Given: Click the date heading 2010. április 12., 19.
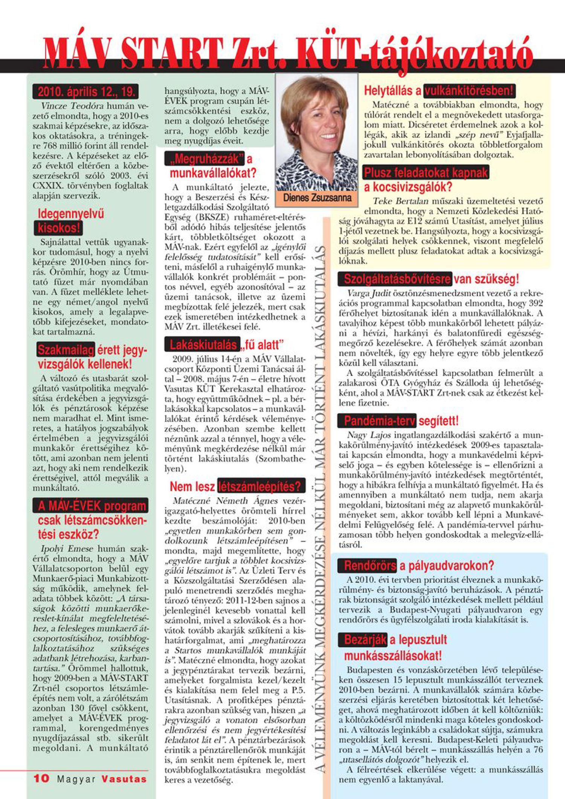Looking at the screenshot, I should tap(86, 92).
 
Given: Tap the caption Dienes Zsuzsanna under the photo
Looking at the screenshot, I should tap(317, 197).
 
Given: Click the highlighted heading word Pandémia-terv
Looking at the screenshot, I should tap(379, 421).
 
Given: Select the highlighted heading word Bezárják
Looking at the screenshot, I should tap(365, 640).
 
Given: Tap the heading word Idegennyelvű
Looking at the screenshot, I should tap(71, 214).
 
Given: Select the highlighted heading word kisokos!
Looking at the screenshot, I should tap(59, 228).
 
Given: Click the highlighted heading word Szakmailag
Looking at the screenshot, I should tap(66, 350).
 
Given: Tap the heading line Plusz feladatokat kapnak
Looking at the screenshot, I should tap(426, 173).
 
